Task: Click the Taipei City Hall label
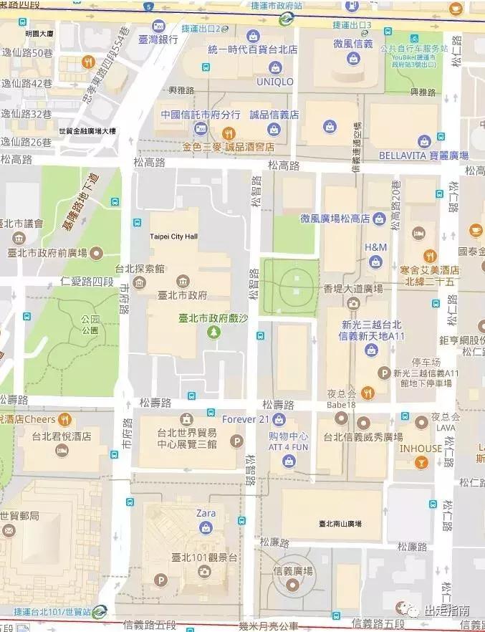[173, 236]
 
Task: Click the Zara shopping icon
[206, 528]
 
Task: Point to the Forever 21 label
[246, 419]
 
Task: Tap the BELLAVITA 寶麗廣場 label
[423, 155]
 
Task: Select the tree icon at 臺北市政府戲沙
[213, 331]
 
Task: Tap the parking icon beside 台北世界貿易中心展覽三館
[236, 441]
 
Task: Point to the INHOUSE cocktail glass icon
[421, 463]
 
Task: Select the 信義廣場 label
[294, 571]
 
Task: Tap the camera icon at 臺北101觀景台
[204, 572]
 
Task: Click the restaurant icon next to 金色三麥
[229, 133]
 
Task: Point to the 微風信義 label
[352, 44]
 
